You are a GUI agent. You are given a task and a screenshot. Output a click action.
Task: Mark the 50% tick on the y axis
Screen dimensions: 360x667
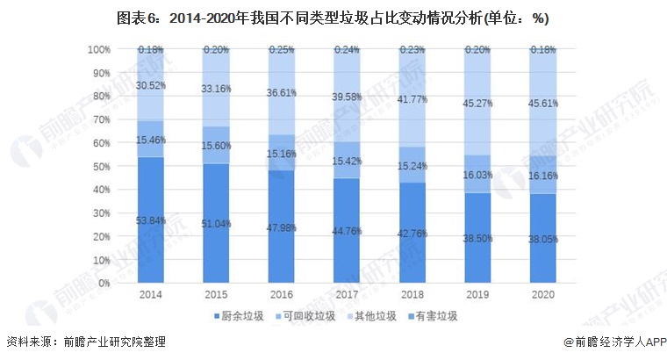(x=101, y=166)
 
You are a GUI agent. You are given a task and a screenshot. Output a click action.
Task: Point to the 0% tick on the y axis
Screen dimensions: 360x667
(x=104, y=283)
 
